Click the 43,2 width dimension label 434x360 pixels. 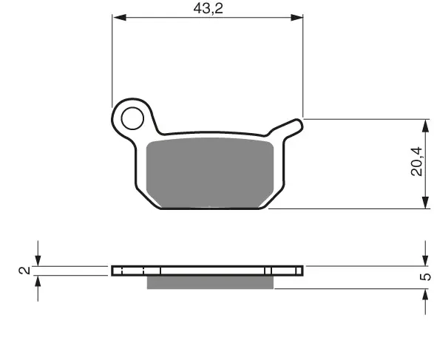coord(208,9)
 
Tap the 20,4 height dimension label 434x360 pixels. coord(417,161)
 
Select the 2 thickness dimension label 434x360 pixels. coord(24,271)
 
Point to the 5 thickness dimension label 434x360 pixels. coord(425,276)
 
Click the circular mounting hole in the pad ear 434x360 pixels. coord(132,118)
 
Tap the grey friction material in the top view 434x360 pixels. coord(210,172)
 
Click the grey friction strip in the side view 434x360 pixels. coord(210,282)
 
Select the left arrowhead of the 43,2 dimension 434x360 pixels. coord(120,18)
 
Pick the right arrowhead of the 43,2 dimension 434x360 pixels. coord(296,18)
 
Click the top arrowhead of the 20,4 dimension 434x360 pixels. coord(425,126)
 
